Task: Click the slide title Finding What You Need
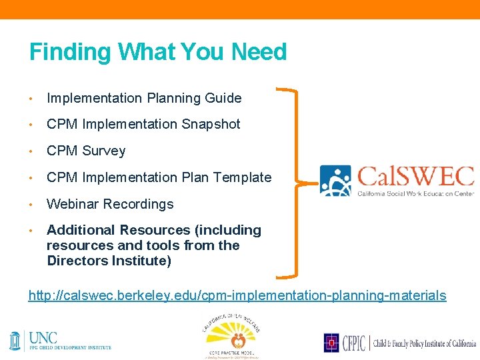click(158, 52)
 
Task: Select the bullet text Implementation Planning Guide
click(144, 98)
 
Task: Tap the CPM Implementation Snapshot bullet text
click(143, 124)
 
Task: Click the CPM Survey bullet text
click(86, 151)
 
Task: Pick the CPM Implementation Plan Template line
click(159, 177)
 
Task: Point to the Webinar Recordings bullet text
click(110, 204)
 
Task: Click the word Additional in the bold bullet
click(81, 230)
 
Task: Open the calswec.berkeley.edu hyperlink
click(237, 295)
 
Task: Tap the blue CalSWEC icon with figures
click(335, 181)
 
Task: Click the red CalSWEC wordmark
click(416, 177)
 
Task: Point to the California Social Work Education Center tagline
click(416, 193)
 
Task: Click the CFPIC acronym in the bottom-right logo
click(353, 343)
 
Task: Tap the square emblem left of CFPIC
click(331, 343)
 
